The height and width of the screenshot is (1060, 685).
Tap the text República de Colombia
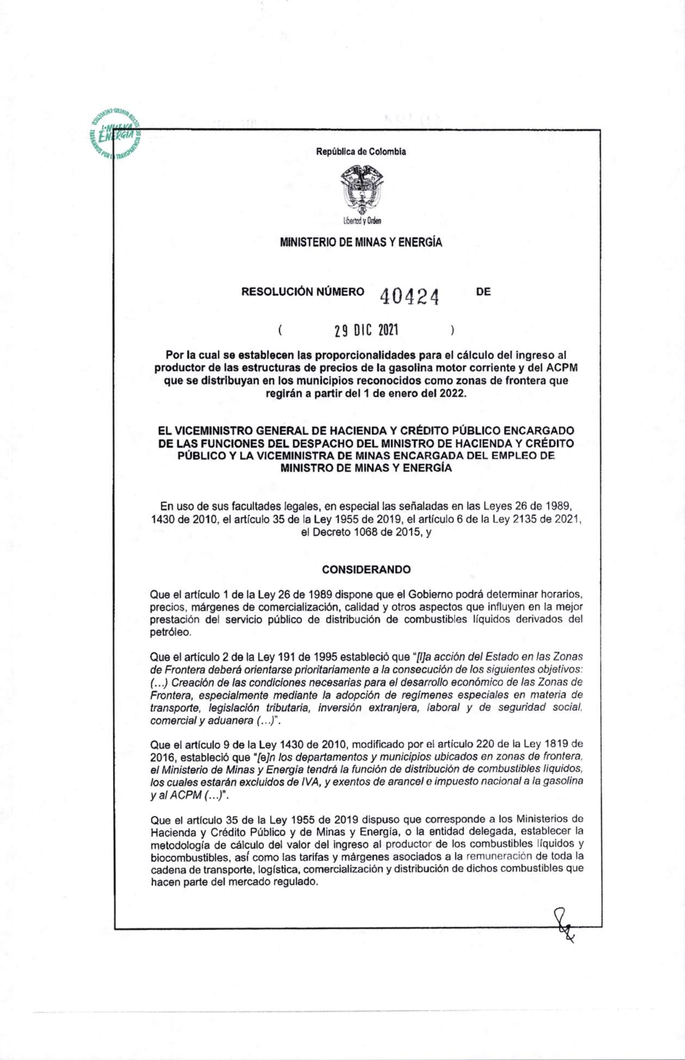[x=361, y=151]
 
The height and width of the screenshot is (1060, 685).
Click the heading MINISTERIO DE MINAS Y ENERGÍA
[x=361, y=242]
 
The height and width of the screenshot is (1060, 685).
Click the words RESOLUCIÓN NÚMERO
[x=303, y=292]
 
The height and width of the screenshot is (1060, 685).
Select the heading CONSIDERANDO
[x=366, y=569]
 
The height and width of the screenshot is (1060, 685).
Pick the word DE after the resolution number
[x=483, y=292]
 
